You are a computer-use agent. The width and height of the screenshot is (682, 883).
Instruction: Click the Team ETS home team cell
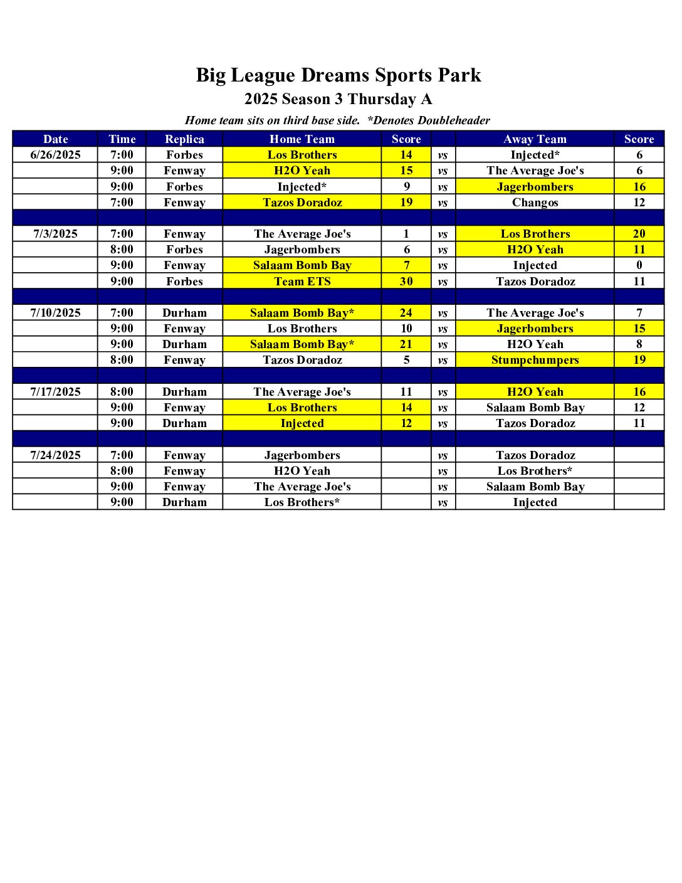coord(302,281)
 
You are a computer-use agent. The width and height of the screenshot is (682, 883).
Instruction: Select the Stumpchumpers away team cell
coord(535,360)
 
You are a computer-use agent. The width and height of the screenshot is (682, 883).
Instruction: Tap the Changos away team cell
coord(535,203)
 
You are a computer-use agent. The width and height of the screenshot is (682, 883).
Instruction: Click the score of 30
coord(406,281)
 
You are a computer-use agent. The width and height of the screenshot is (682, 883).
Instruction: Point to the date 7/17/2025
coord(55,392)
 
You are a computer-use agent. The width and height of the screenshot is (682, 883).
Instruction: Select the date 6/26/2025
coord(55,155)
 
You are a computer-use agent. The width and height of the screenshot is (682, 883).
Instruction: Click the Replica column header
coord(184,139)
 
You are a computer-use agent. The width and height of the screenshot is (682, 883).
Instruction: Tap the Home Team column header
coord(302,139)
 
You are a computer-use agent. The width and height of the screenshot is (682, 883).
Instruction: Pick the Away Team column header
coord(535,139)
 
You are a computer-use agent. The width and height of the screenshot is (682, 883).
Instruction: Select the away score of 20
coord(639,234)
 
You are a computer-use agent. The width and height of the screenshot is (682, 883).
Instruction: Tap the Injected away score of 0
coord(639,265)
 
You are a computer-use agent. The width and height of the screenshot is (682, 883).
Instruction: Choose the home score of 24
coord(406,313)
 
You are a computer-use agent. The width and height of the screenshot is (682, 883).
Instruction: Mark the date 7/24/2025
coord(55,455)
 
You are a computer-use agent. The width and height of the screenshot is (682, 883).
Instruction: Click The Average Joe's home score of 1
coord(406,234)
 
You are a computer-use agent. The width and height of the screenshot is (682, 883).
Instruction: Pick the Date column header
coord(55,139)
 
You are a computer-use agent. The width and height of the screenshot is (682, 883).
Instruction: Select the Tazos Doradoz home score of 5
coord(406,360)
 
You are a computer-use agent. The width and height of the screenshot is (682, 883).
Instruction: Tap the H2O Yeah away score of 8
coord(639,344)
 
